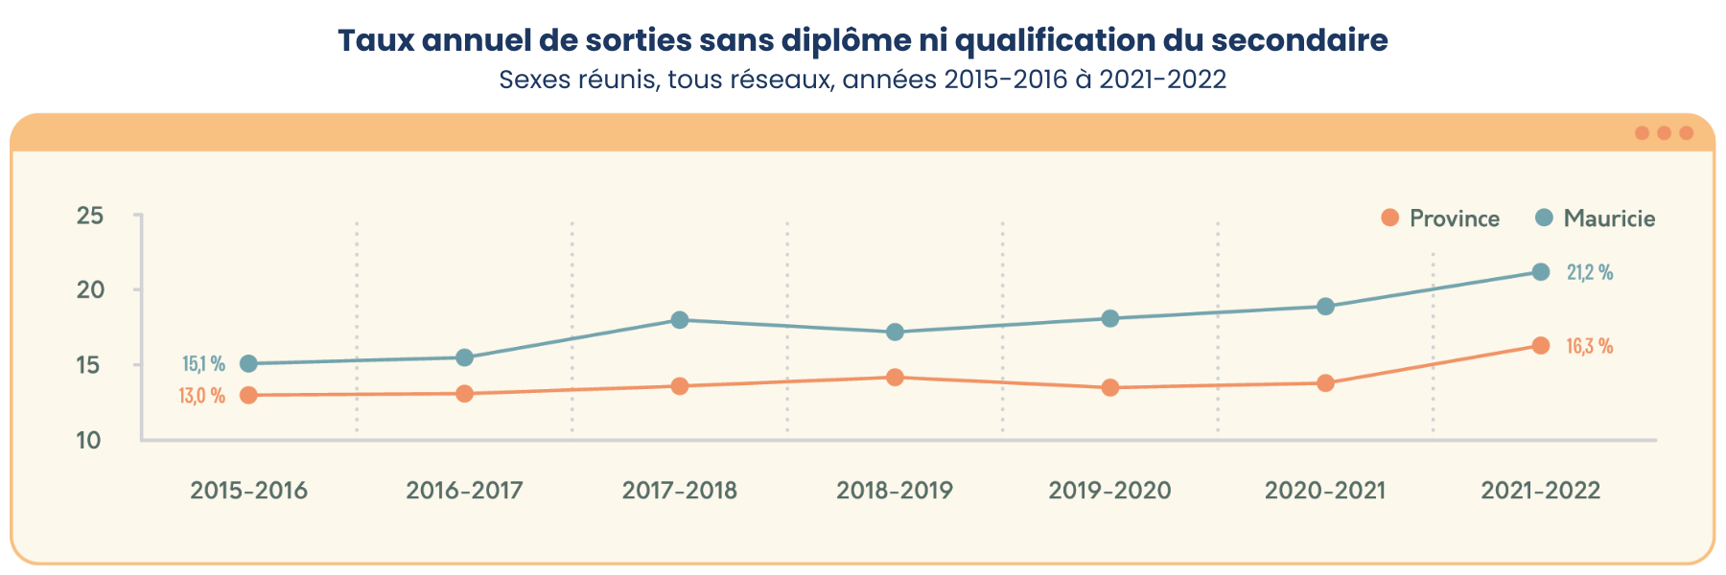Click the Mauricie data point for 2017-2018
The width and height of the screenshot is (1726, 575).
tap(680, 320)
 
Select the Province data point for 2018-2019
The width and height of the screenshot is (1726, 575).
tap(895, 378)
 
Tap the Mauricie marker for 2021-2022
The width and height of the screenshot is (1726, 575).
tap(1541, 272)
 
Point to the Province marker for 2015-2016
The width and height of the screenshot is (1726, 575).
tap(248, 395)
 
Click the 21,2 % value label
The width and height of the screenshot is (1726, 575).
tap(1589, 273)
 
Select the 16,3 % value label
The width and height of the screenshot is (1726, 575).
tap(1589, 347)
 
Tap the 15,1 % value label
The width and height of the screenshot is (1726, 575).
tap(203, 364)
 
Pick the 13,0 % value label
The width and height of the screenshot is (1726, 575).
tap(201, 396)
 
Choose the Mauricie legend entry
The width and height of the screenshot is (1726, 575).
tap(1596, 218)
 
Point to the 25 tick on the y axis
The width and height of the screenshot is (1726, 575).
tap(90, 216)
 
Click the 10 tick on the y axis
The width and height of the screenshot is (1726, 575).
tap(89, 441)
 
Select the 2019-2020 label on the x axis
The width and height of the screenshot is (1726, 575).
tap(1109, 491)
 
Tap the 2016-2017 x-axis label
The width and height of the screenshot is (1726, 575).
tap(464, 491)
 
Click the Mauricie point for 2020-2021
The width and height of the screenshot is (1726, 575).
tap(1325, 307)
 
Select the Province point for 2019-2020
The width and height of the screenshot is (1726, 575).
tap(1110, 388)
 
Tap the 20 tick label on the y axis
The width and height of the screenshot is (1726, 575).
tap(90, 290)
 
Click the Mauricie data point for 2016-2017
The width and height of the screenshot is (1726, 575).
tap(464, 357)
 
